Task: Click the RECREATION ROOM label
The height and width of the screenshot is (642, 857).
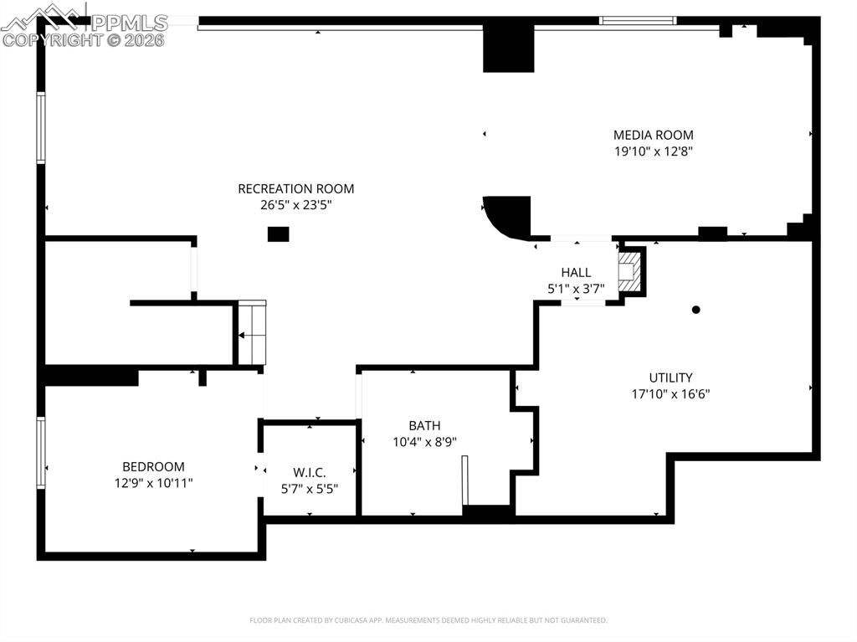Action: [x=295, y=188]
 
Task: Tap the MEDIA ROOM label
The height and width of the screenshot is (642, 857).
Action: [x=653, y=135]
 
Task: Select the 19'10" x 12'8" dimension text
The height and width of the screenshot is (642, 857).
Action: [x=653, y=152]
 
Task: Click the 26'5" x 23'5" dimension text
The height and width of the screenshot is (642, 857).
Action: [x=295, y=204]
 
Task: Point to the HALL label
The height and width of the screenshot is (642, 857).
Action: [x=576, y=272]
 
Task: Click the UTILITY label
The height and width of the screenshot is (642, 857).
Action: [x=670, y=377]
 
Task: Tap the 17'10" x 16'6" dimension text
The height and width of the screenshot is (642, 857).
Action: [x=670, y=393]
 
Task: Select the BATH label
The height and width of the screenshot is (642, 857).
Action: [x=424, y=425]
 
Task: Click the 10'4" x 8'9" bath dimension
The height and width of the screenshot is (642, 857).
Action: [x=424, y=441]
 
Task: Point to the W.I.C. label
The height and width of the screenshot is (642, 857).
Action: [x=310, y=472]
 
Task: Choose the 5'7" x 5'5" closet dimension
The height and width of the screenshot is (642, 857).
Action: [x=310, y=488]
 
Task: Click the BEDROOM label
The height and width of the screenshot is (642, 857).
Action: [x=153, y=466]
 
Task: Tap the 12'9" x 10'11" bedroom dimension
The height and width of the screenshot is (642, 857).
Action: [x=153, y=482]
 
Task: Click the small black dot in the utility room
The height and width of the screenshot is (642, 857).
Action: [x=695, y=310]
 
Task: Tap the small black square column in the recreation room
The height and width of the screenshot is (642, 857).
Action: [x=278, y=234]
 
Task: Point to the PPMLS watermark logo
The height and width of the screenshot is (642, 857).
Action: [x=84, y=25]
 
